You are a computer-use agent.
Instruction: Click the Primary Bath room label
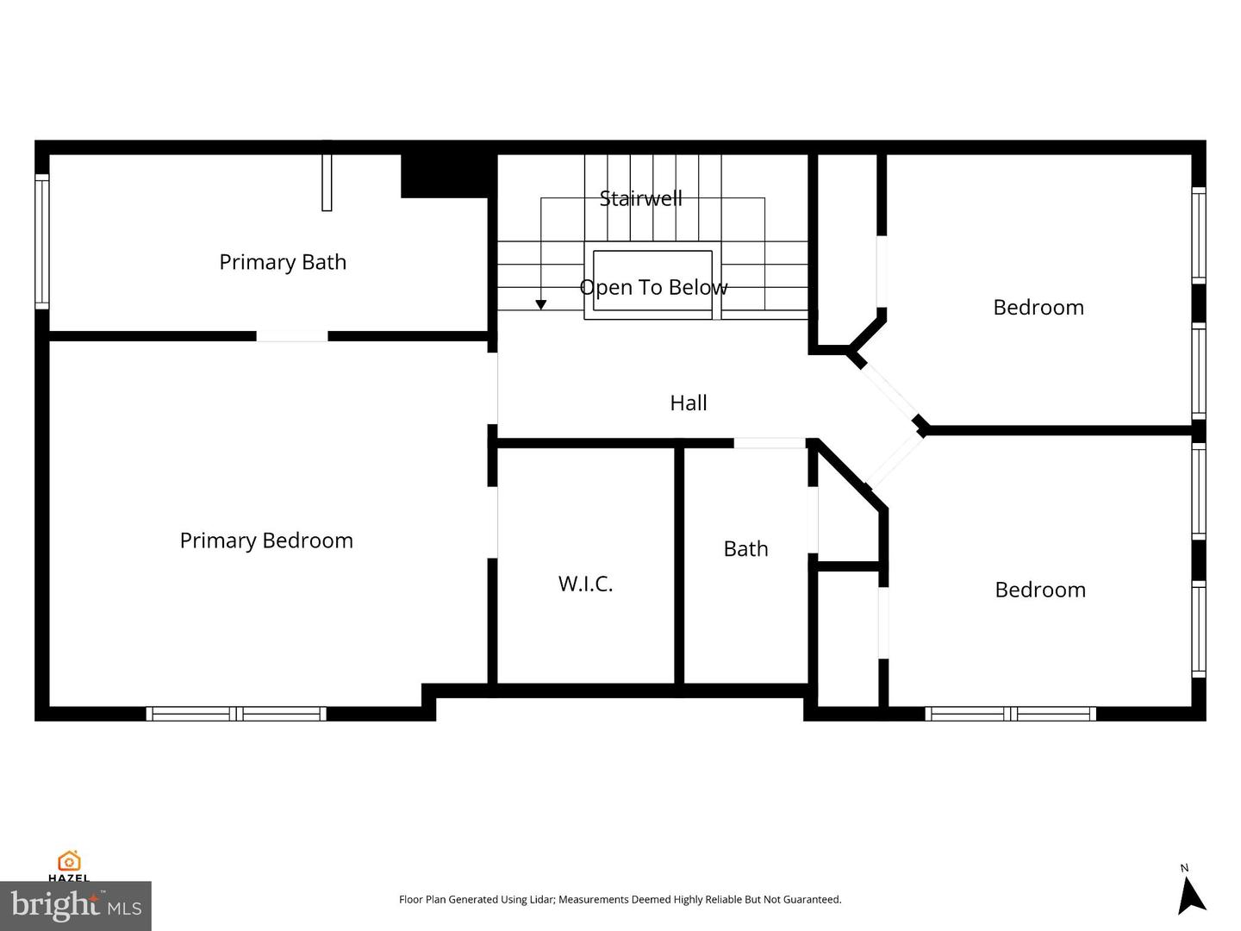(x=283, y=262)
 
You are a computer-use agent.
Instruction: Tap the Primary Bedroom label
(x=266, y=541)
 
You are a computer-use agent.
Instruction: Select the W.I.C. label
(x=586, y=584)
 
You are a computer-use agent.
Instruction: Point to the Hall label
(x=688, y=403)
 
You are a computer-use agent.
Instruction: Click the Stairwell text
(x=640, y=198)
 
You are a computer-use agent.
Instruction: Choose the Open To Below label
(x=653, y=287)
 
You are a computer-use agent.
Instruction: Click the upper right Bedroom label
(x=1038, y=308)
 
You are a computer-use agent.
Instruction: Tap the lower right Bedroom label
(x=1040, y=590)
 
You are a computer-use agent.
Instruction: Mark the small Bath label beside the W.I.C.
(x=745, y=549)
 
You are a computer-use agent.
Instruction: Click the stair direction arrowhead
(x=541, y=304)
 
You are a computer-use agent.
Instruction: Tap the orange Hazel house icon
(x=69, y=861)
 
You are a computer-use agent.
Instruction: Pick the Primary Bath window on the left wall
(x=42, y=242)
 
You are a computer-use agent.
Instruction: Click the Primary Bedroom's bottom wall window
(x=236, y=714)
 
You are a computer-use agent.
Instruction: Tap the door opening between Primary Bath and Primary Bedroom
(x=292, y=336)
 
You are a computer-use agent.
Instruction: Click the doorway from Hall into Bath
(x=770, y=443)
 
